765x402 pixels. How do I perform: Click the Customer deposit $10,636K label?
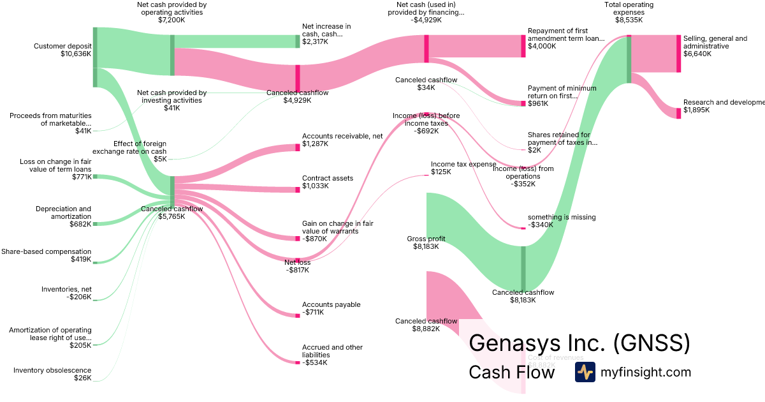click(62, 50)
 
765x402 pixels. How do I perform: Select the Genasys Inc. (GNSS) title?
click(579, 343)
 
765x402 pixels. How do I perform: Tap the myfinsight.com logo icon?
click(585, 372)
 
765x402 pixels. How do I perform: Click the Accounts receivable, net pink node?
click(298, 148)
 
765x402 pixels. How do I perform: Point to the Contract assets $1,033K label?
click(327, 182)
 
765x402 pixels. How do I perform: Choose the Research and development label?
click(723, 106)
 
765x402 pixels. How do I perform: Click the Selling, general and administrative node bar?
click(679, 54)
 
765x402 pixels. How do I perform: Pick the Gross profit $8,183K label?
click(426, 242)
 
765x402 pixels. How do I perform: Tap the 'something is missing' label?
click(561, 221)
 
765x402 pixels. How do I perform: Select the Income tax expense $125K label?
click(463, 168)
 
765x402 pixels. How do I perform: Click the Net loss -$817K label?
click(298, 265)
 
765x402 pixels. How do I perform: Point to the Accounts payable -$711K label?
click(331, 308)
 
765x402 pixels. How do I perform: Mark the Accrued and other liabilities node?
click(298, 362)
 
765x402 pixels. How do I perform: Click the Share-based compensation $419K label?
click(46, 255)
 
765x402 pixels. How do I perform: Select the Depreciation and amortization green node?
click(95, 224)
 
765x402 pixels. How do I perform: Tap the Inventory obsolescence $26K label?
click(52, 374)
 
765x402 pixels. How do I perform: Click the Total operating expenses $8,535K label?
click(629, 12)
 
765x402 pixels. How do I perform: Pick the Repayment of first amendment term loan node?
click(523, 47)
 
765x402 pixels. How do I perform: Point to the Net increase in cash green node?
click(298, 41)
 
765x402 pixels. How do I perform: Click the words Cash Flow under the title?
click(511, 372)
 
